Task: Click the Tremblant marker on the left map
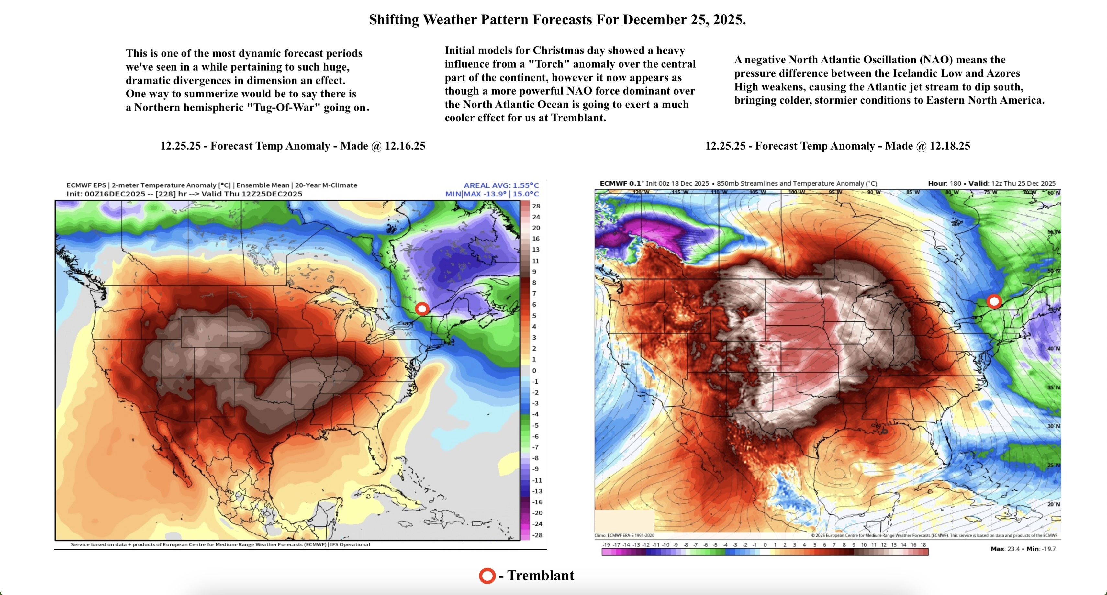tap(422, 308)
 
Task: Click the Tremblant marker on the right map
tap(994, 301)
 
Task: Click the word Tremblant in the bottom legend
tap(541, 575)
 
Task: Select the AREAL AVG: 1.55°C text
tap(501, 185)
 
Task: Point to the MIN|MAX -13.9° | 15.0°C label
tap(492, 194)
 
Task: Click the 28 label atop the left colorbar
tap(536, 206)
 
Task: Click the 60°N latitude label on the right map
tap(1053, 193)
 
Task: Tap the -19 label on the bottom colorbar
tap(606, 545)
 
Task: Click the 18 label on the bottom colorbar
tap(923, 545)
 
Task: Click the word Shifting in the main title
tap(393, 20)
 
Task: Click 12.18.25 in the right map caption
tap(950, 146)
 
